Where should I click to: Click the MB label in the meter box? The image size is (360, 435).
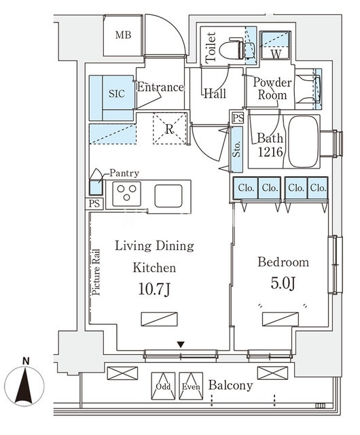tap(123, 35)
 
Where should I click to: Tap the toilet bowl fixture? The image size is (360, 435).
tap(232, 50)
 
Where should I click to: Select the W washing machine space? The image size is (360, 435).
tap(275, 46)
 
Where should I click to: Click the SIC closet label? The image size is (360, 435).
tap(116, 94)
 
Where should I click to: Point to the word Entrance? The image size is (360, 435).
tap(160, 88)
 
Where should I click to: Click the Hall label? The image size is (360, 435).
tap(215, 94)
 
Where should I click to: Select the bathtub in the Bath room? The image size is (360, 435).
tap(303, 141)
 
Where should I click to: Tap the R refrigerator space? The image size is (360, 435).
tap(169, 128)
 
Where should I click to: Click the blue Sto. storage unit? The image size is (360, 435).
tap(237, 150)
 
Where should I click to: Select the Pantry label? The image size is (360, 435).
tap(124, 173)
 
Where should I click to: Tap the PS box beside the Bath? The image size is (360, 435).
tap(238, 118)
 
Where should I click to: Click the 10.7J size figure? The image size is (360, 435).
tap(154, 290)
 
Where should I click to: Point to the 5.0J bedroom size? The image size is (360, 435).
tap(283, 283)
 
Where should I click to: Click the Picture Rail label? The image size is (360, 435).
tap(96, 273)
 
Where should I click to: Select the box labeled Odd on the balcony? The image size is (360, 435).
tap(163, 386)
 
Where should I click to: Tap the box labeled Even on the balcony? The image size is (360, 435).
tap(191, 386)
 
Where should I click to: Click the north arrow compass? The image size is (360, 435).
tap(24, 385)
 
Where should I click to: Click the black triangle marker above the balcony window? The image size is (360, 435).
tap(181, 345)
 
